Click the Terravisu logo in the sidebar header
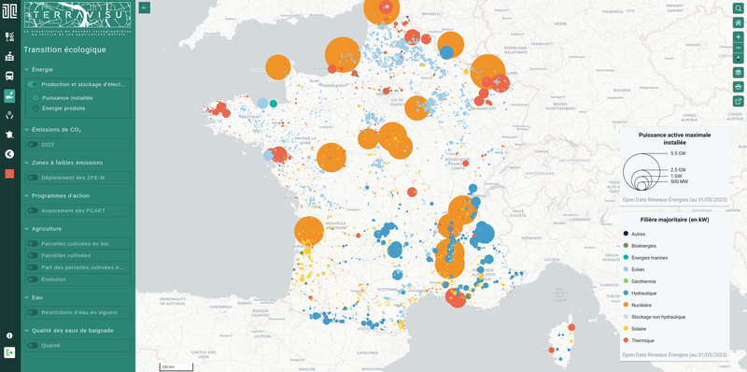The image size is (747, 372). [x=78, y=18]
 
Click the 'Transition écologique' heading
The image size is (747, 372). [x=64, y=50]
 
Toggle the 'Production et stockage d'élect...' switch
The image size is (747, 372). [x=34, y=84]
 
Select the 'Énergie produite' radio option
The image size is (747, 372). [x=35, y=107]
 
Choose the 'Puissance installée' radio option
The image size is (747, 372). [x=35, y=96]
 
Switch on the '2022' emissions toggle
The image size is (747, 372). [x=34, y=144]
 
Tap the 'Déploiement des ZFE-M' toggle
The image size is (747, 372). [x=34, y=177]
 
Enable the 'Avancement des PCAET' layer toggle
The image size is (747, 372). [x=34, y=210]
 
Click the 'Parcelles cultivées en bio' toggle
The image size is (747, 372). [x=34, y=243]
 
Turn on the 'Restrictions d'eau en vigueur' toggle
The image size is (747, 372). [x=34, y=312]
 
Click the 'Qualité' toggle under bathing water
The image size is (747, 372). [x=34, y=345]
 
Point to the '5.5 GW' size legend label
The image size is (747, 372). [x=678, y=152]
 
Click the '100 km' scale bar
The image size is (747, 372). [x=167, y=365]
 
